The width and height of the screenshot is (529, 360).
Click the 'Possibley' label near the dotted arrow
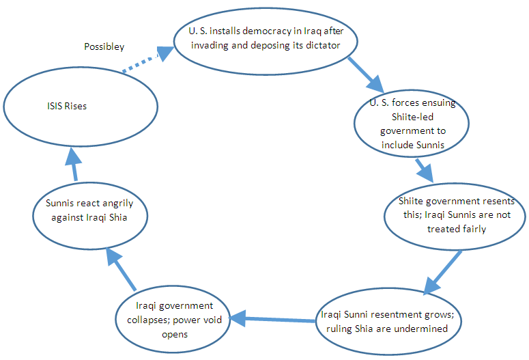pos(104,46)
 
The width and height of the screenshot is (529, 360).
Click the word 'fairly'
pos(473,229)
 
